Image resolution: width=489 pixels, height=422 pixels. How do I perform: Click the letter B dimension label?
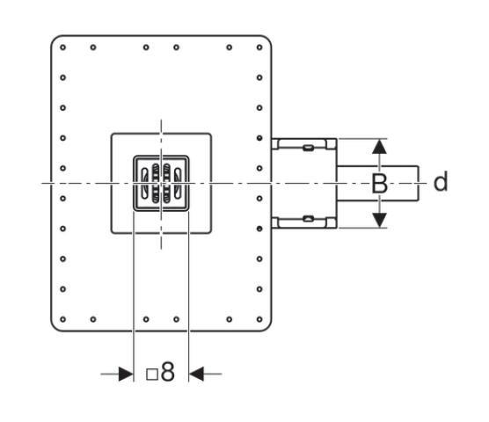380,183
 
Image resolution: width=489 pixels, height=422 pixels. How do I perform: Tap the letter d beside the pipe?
441,181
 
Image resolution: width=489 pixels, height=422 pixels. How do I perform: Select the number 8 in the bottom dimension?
168,372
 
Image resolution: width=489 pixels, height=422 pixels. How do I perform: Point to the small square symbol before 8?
152,375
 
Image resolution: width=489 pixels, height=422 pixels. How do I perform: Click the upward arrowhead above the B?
380,147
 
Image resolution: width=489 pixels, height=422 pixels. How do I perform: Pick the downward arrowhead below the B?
380,220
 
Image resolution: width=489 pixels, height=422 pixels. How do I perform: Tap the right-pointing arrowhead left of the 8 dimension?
126,374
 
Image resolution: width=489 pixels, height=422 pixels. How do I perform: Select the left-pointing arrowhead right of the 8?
196,374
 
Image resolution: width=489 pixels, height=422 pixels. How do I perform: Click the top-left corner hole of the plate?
63,47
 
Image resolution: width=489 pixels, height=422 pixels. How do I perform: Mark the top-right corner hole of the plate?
259,47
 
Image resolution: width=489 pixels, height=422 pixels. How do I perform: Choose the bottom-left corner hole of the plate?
63,319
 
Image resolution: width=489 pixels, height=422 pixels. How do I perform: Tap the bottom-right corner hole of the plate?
259,319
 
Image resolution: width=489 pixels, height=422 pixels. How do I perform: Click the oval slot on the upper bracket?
308,148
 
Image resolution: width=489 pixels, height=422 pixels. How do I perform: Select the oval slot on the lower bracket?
308,219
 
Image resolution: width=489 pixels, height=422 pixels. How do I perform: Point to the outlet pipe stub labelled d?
377,183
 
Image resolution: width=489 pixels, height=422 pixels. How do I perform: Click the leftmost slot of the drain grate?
145,183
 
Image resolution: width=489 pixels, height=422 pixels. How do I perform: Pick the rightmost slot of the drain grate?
177,183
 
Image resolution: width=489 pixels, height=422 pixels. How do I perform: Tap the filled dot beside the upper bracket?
259,138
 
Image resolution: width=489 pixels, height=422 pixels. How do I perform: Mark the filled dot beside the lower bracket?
259,229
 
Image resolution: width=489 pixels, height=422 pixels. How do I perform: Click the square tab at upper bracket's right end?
331,144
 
